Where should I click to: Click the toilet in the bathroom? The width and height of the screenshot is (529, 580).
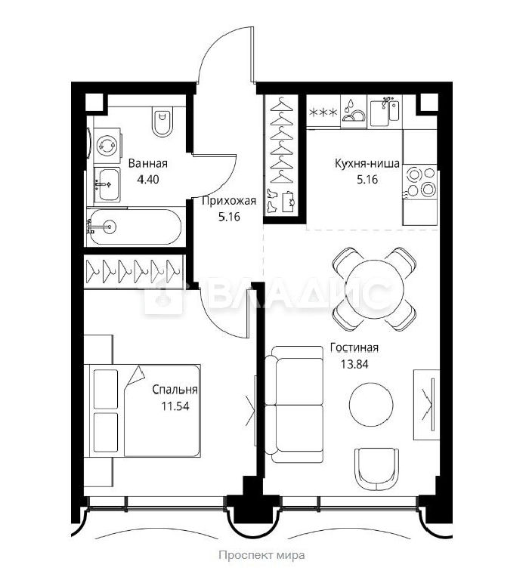point(162,122)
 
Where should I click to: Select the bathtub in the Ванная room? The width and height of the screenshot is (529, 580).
point(134,227)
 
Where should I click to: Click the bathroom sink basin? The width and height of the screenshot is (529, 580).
point(107,184)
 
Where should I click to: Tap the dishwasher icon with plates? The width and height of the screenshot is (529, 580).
point(354,111)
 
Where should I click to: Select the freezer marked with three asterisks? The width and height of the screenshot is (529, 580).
point(323,112)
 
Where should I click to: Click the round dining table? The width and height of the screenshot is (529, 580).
point(374,288)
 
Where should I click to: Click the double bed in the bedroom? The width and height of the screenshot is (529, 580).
point(142,411)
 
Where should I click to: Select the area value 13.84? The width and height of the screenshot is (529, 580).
point(354,364)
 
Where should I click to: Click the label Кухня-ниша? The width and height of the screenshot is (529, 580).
point(367,163)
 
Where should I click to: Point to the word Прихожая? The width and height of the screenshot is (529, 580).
point(229,201)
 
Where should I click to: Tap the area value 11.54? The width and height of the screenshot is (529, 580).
point(175,406)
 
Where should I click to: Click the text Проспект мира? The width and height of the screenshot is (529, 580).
point(261,555)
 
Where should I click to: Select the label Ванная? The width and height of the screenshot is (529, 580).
point(148,163)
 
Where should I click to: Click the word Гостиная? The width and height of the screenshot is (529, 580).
point(354,347)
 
